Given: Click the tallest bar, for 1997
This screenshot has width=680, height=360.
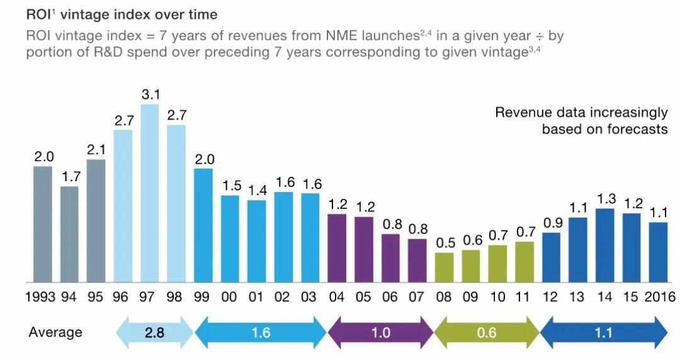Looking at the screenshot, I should [x=150, y=193].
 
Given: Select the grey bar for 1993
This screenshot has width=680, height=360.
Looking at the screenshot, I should [x=43, y=224].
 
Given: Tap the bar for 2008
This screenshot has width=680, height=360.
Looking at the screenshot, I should [x=444, y=267].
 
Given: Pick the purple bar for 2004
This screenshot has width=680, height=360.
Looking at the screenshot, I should [x=337, y=248].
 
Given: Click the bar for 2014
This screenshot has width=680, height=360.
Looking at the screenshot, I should [x=604, y=245].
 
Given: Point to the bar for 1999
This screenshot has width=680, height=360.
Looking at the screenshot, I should [x=203, y=225].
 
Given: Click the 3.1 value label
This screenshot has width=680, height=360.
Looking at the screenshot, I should [x=150, y=95].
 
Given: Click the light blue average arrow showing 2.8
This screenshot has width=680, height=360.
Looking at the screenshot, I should [x=154, y=332].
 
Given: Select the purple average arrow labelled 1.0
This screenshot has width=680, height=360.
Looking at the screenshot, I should [x=380, y=332].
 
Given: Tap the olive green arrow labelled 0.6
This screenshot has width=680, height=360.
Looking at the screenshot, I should [x=487, y=332].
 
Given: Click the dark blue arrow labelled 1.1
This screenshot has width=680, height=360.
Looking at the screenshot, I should [x=603, y=332].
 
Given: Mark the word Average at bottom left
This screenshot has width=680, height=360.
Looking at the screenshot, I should [x=55, y=332].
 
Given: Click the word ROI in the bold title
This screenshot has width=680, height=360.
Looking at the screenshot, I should [x=39, y=14].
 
